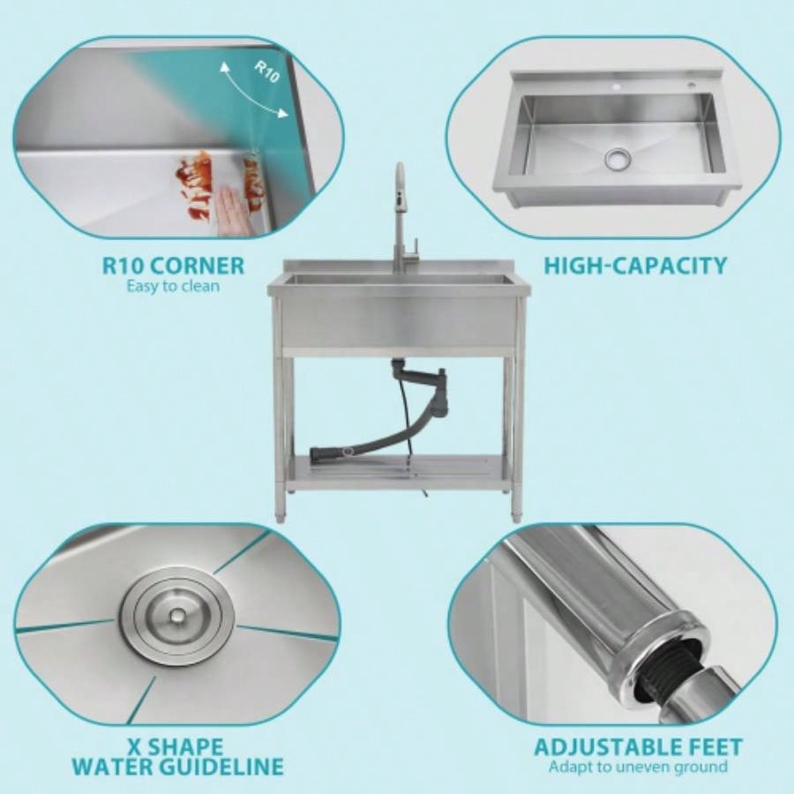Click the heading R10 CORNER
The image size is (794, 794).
click(x=173, y=265)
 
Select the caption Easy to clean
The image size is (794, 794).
click(x=173, y=285)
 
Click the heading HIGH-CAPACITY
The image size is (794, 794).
click(x=635, y=265)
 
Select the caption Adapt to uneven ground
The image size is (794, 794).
click(x=638, y=766)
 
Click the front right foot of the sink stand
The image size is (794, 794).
click(x=517, y=513)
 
